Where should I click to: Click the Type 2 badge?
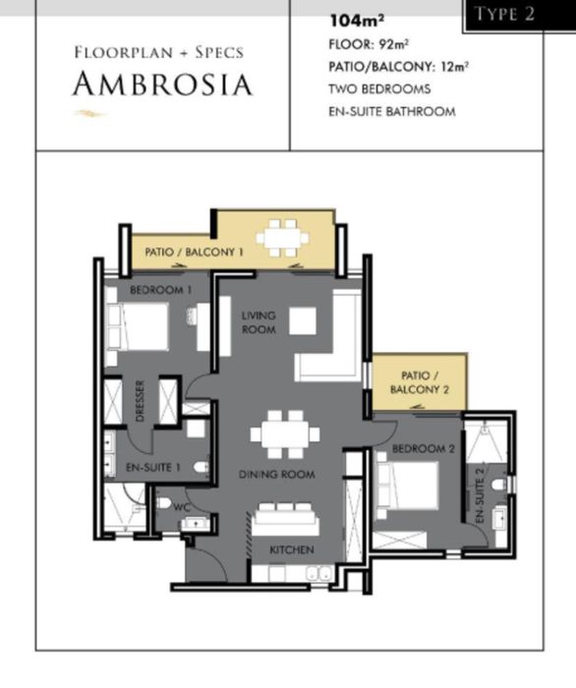click(x=504, y=15)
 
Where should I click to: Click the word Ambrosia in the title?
click(x=163, y=84)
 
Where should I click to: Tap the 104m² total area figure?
click(x=357, y=21)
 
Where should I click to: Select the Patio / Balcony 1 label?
click(x=194, y=253)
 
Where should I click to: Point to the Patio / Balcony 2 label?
click(x=420, y=382)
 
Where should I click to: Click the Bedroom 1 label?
click(x=160, y=290)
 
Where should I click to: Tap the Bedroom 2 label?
click(x=424, y=449)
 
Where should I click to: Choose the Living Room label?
click(x=259, y=322)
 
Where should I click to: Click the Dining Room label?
click(x=277, y=475)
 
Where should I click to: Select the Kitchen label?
click(x=292, y=550)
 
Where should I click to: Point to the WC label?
click(x=182, y=508)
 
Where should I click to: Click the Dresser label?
click(x=140, y=401)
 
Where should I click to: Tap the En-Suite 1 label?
click(x=153, y=467)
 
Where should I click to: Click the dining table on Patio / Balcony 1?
click(x=282, y=238)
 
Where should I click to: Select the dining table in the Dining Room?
click(x=285, y=434)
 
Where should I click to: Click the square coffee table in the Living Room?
click(x=303, y=320)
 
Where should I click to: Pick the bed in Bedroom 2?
click(x=408, y=486)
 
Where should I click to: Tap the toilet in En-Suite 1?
click(x=202, y=467)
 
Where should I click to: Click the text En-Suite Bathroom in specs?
click(x=392, y=111)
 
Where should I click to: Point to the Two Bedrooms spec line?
click(x=380, y=89)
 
